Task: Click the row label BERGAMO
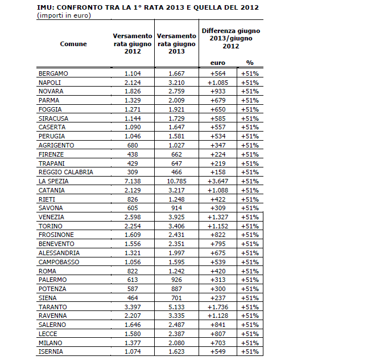pyautogui.click(x=53, y=73)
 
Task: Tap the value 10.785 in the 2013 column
pyautogui.click(x=176, y=181)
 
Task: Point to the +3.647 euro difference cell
pyautogui.click(x=219, y=181)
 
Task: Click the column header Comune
pyautogui.click(x=73, y=43)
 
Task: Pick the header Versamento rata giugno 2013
pyautogui.click(x=176, y=43)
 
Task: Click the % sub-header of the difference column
pyautogui.click(x=249, y=63)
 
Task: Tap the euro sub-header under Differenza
pyautogui.click(x=218, y=63)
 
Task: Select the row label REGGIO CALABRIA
pyautogui.click(x=65, y=172)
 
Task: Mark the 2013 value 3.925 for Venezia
pyautogui.click(x=176, y=217)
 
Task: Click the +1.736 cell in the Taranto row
pyautogui.click(x=219, y=307)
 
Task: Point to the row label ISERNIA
pyautogui.click(x=51, y=352)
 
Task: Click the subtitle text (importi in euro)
pyautogui.click(x=64, y=15)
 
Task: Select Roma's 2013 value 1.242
pyautogui.click(x=176, y=271)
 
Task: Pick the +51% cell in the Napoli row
pyautogui.click(x=249, y=83)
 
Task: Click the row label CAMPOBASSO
pyautogui.click(x=59, y=262)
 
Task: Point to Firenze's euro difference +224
pyautogui.click(x=219, y=154)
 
